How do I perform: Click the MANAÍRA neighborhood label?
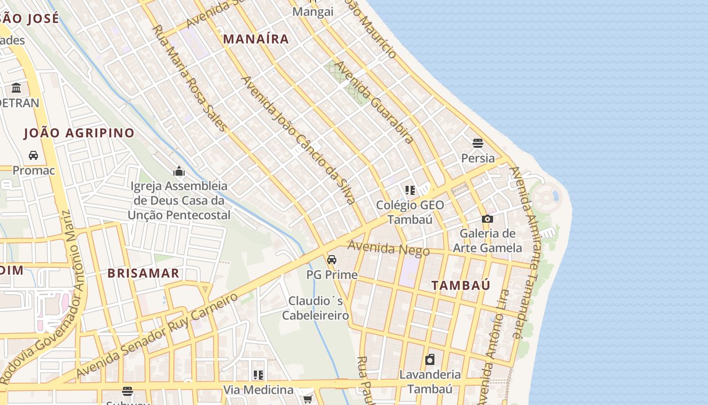point(256,39)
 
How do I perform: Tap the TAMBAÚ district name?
point(461,285)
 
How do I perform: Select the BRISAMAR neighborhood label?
point(144,273)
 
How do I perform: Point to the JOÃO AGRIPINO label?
point(79,133)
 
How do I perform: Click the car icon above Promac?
point(33,155)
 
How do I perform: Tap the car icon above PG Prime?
point(332,260)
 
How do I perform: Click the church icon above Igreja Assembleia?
point(179,171)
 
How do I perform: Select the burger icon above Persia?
point(478,143)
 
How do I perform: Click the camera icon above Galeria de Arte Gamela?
point(488,219)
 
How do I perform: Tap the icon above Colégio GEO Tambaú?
point(410,190)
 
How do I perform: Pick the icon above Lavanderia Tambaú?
point(430,360)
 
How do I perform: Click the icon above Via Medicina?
point(258,375)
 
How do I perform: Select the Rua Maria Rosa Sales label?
point(189,78)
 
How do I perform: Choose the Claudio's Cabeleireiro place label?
point(316,308)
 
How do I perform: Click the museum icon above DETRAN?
point(16,88)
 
